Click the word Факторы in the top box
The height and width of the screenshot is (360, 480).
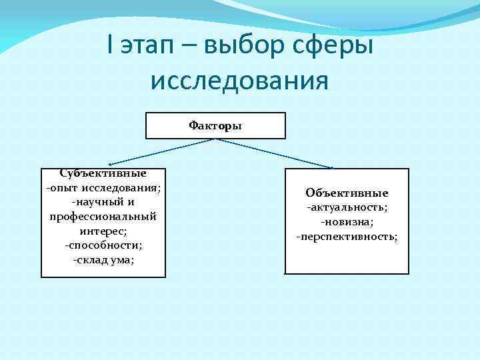point(215,125)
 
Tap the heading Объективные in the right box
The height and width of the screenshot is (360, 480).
point(347,193)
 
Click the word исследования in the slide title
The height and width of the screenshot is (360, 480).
point(239,81)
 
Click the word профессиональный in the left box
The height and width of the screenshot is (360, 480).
point(103,216)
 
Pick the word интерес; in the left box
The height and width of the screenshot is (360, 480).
point(103,231)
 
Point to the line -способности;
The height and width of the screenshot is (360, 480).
point(103,245)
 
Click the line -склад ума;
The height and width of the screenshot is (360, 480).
point(103,259)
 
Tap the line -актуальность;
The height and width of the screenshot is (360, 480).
point(347,207)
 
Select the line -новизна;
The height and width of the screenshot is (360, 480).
point(347,221)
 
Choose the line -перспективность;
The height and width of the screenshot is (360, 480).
point(347,236)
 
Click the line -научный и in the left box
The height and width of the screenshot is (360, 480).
point(103,202)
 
